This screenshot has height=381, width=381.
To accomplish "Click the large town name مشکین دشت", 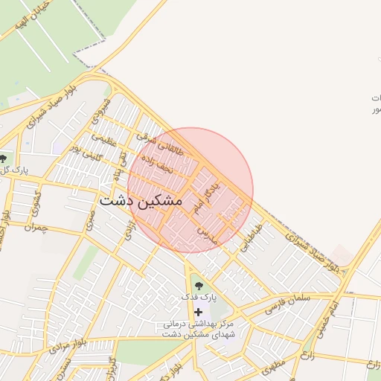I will (141, 201).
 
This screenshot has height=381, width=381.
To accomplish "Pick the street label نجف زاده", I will (156, 164).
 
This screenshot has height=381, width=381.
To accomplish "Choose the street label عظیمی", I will (104, 139).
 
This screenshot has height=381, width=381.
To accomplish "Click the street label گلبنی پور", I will (84, 153).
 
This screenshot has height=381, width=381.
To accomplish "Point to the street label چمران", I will (35, 226).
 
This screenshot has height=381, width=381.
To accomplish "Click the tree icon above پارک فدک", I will (196, 283).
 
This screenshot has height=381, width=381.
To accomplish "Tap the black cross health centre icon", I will (197, 312).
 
